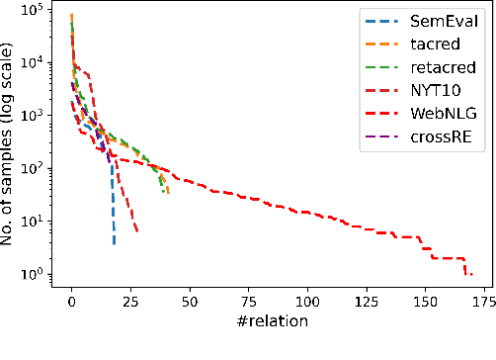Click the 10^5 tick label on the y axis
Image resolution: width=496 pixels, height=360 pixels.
[35, 12]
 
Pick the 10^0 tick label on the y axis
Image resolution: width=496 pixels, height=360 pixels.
[35, 274]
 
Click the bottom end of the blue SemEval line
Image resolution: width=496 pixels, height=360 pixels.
[114, 243]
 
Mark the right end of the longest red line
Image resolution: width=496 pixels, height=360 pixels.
[472, 274]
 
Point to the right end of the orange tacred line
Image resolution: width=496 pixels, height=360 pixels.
[168, 192]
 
